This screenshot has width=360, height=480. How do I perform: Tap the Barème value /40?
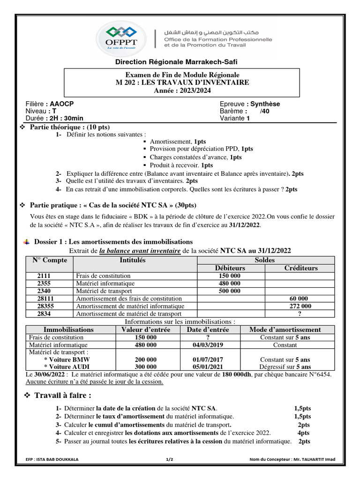(265, 112)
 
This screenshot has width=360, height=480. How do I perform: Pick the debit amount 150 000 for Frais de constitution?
(230, 276)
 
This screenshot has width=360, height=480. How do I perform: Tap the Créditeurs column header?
(300, 268)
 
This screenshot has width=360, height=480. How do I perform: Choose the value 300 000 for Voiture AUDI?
(145, 367)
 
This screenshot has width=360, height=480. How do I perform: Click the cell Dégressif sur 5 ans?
(285, 367)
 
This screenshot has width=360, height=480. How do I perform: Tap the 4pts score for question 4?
(303, 433)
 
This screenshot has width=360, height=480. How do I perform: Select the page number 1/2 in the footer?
(170, 460)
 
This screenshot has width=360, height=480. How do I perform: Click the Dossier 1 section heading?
(112, 242)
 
